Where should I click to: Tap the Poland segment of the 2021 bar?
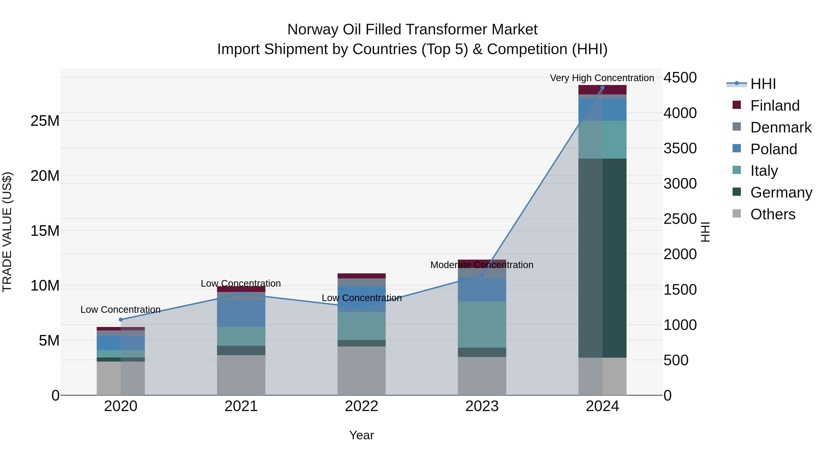(x=241, y=313)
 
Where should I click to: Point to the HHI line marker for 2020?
(x=121, y=320)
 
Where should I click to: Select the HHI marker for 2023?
(x=482, y=275)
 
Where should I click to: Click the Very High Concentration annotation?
(x=602, y=78)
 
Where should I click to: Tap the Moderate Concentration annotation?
(x=482, y=265)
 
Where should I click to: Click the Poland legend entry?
(x=773, y=149)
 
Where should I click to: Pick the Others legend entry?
(x=773, y=214)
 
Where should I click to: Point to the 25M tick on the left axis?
(x=45, y=121)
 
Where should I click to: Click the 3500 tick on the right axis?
(x=680, y=148)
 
